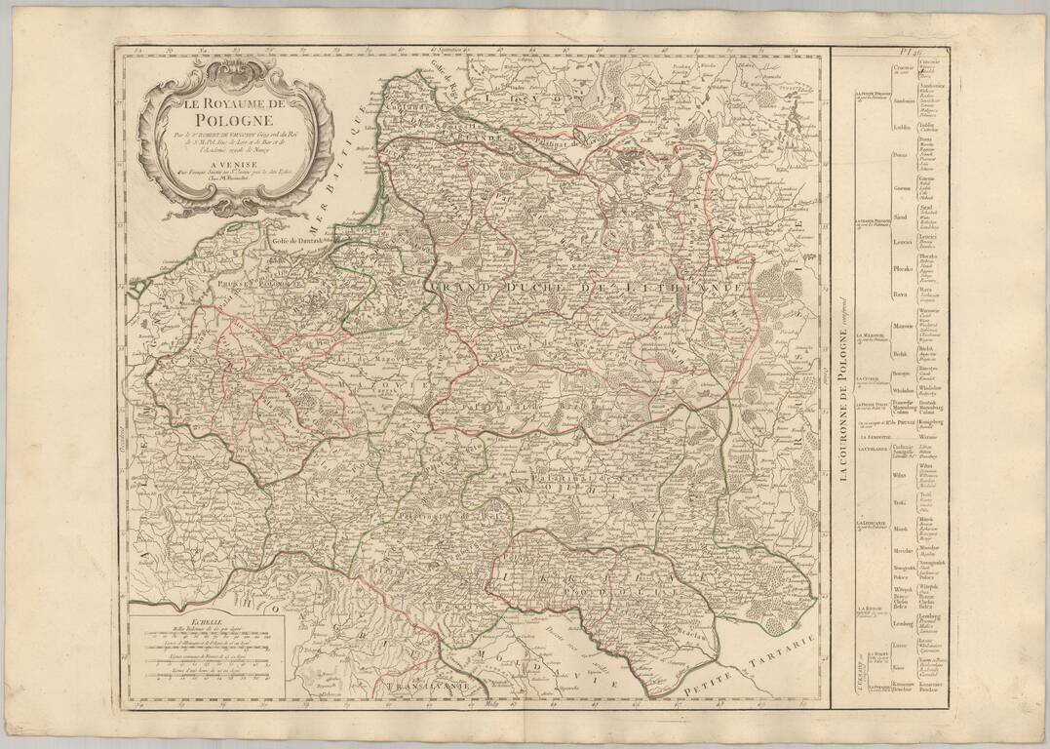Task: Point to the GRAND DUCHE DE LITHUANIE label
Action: pos(590,290)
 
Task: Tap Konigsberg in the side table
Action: pos(934,423)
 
